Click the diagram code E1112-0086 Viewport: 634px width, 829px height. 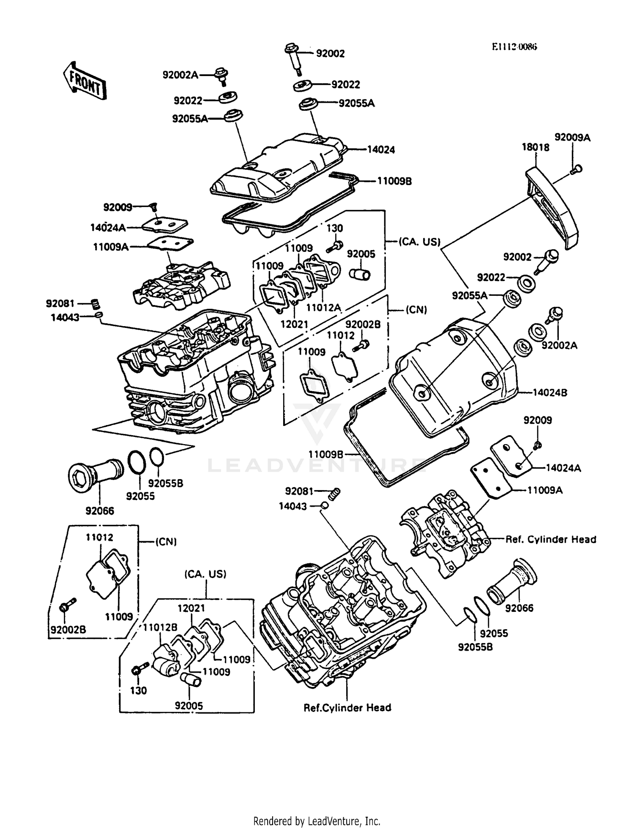point(514,47)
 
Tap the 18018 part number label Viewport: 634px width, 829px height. point(536,147)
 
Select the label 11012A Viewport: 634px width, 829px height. point(323,308)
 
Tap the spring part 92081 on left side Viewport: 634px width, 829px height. point(96,303)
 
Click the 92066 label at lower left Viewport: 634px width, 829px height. point(100,511)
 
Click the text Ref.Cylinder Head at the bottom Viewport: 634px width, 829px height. point(347,708)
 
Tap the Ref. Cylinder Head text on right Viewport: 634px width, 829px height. point(551,540)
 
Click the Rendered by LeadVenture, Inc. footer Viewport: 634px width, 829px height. point(317,821)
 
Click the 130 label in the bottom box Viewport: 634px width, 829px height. point(139,691)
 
